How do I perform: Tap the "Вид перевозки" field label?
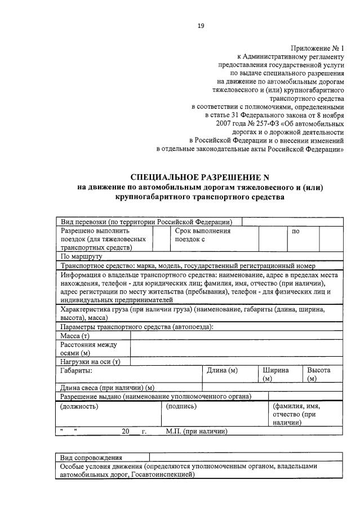146,222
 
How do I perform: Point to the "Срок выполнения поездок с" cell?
203,235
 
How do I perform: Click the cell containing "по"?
295,231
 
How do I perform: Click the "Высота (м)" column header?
318,374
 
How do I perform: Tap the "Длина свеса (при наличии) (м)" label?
107,388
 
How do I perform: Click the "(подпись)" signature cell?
180,406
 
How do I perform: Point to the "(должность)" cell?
79,406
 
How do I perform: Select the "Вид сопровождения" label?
92,458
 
